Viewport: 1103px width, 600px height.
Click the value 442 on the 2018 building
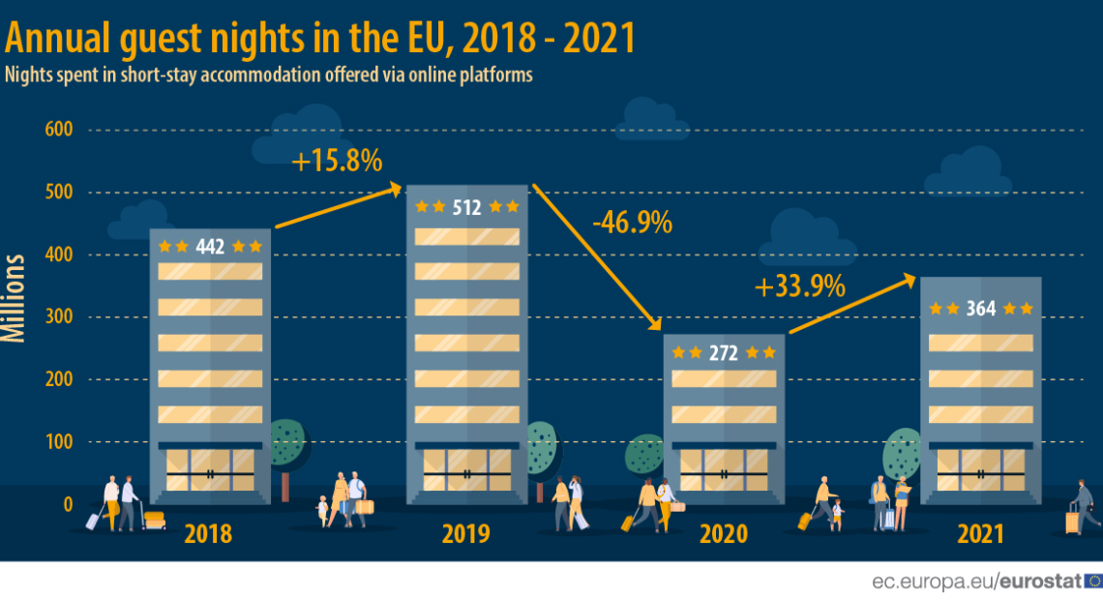[210, 247]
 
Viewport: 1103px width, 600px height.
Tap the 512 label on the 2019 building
[467, 207]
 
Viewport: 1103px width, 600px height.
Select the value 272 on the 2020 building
[723, 353]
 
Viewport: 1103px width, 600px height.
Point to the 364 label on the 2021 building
[980, 309]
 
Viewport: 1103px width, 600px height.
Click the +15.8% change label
[337, 161]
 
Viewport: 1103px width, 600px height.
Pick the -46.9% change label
[633, 223]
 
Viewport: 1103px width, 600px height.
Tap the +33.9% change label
[800, 286]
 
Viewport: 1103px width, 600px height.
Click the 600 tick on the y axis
[59, 130]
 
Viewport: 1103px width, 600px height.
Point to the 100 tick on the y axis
[59, 441]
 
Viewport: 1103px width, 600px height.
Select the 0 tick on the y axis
[69, 504]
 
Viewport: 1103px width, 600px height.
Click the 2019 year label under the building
[465, 534]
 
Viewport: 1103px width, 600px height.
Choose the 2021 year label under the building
[980, 534]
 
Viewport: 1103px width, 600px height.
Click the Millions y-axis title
[14, 298]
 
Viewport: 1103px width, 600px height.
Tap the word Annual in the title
[58, 39]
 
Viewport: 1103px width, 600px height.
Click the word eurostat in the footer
[1040, 582]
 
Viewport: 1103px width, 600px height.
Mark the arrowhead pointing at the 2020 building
[655, 323]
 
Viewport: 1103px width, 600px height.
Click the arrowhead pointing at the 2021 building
[909, 281]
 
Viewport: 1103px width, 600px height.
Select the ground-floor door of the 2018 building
[210, 470]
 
